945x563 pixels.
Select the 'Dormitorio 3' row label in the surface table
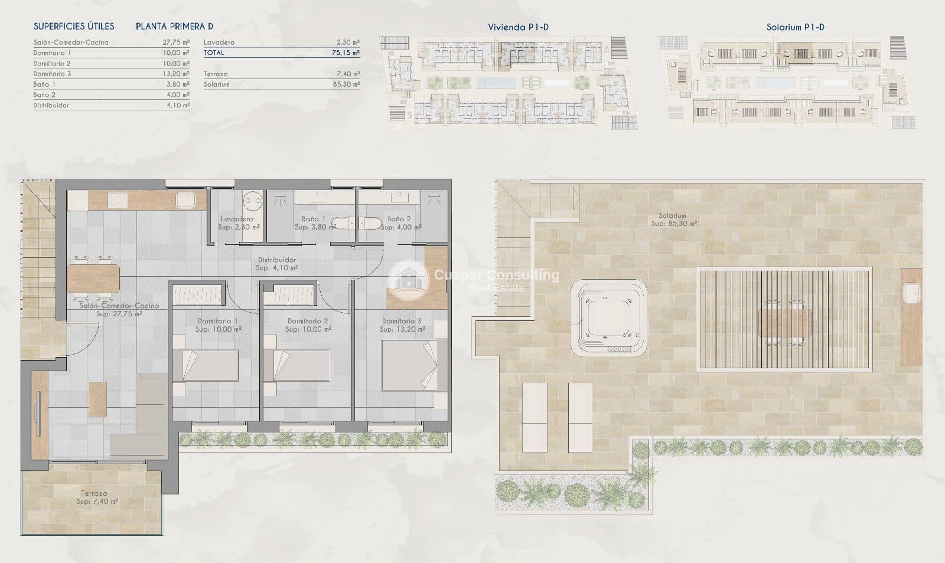[x=52, y=74]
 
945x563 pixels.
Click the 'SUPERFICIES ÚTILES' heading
[x=74, y=27]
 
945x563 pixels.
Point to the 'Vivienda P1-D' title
[x=518, y=27]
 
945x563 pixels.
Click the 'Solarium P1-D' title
[x=795, y=27]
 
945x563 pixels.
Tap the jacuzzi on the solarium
[x=608, y=317]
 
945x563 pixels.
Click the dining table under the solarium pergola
[x=784, y=322]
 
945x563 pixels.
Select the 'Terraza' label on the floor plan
[x=94, y=493]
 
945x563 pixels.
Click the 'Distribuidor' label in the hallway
[x=277, y=260]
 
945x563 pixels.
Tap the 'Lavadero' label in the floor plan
[x=237, y=219]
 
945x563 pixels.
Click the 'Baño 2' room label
[x=399, y=219]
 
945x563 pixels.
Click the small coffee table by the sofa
[x=98, y=400]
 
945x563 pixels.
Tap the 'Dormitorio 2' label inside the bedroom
[x=308, y=321]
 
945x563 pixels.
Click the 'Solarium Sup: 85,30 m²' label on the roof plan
[x=673, y=220]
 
